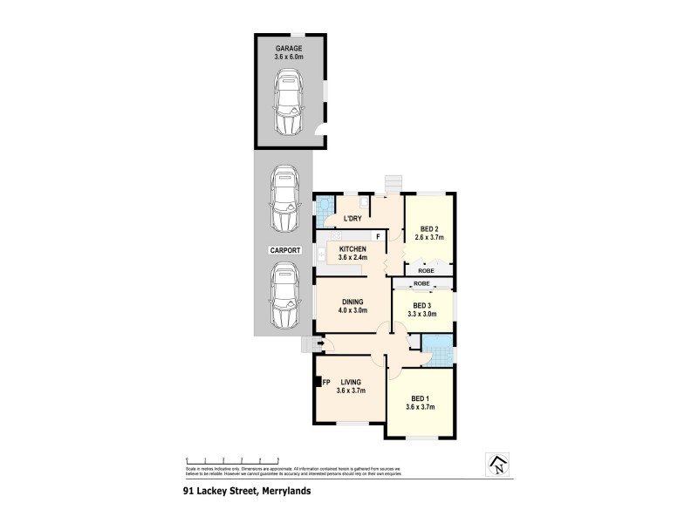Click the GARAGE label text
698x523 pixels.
click(290, 49)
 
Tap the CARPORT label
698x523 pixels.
click(284, 250)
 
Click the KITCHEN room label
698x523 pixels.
click(353, 250)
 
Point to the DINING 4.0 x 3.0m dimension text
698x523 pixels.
click(353, 309)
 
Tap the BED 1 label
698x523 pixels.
click(421, 398)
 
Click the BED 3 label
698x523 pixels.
click(422, 305)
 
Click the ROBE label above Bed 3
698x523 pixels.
click(422, 284)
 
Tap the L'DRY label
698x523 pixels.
click(352, 218)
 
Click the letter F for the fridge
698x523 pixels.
click(378, 236)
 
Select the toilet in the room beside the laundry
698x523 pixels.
click(324, 207)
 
